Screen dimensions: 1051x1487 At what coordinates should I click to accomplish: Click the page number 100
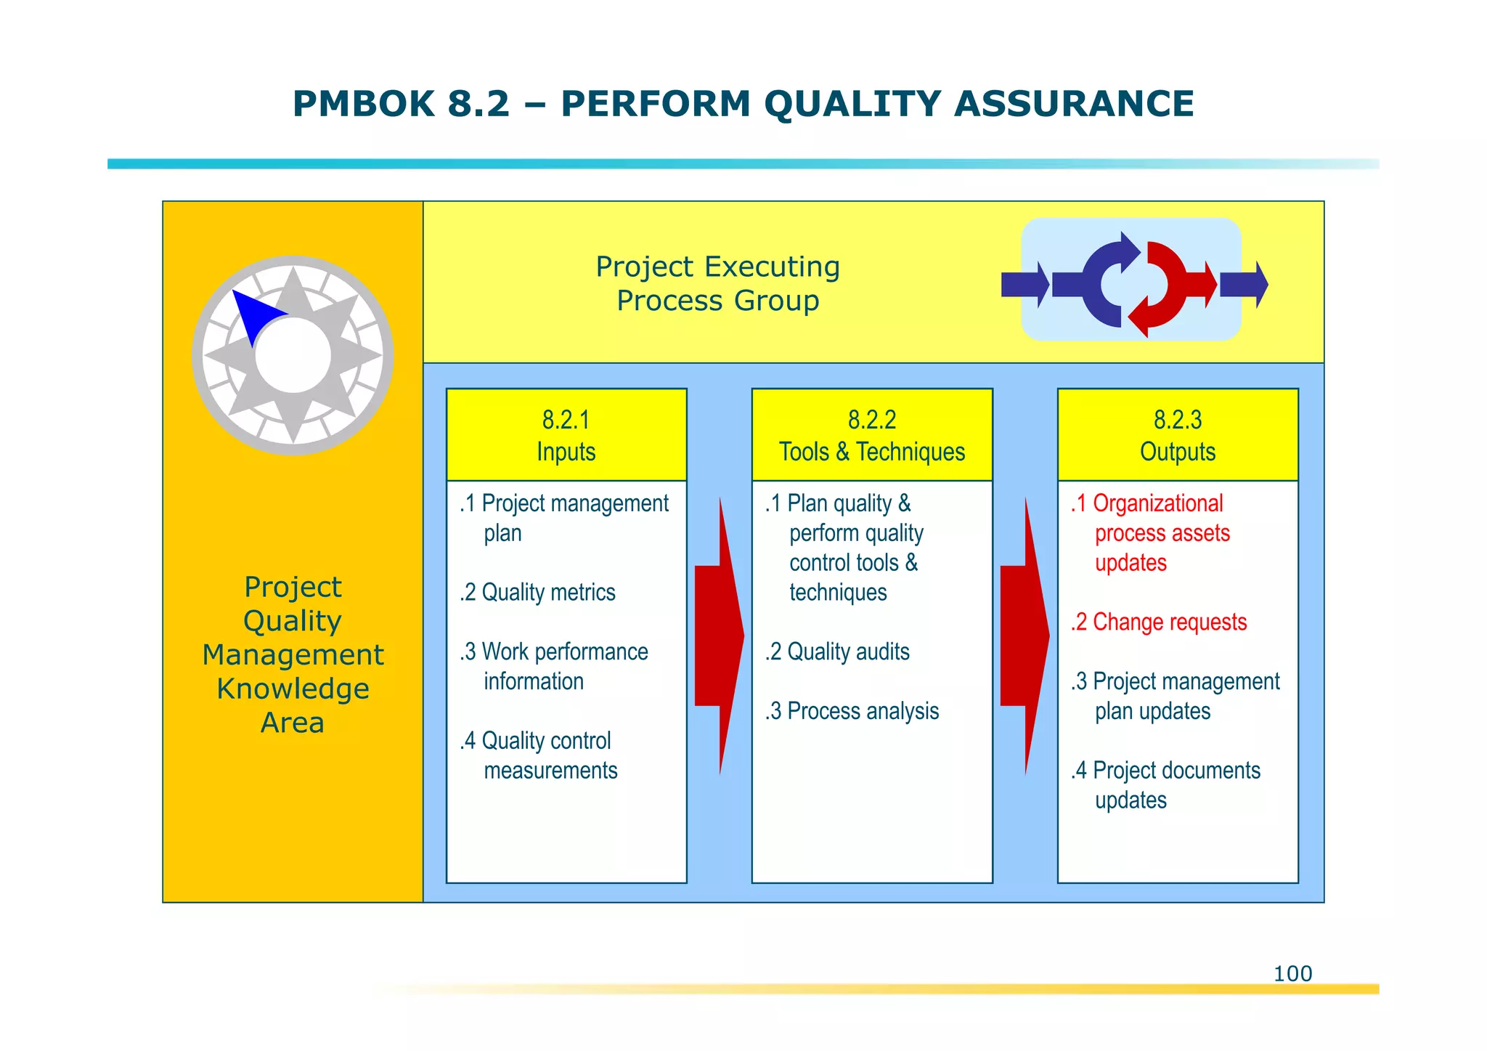click(1292, 973)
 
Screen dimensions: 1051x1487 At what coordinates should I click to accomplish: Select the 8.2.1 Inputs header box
click(566, 435)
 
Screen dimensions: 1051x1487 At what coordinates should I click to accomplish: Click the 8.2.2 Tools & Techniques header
click(872, 435)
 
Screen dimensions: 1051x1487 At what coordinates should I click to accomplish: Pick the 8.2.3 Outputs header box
click(1178, 435)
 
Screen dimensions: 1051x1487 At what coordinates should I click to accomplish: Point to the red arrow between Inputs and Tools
click(719, 636)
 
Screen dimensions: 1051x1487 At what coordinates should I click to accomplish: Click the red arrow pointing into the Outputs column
click(1024, 636)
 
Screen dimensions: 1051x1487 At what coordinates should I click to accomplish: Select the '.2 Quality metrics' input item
click(538, 593)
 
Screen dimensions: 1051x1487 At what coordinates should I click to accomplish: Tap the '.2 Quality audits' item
click(838, 652)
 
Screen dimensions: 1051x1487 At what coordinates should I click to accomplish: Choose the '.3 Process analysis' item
click(852, 711)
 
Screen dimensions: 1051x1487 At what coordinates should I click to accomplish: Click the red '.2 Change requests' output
click(1159, 622)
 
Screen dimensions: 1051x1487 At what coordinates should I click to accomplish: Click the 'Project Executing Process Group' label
click(717, 283)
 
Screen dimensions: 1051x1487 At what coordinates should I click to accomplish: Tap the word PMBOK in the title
click(363, 103)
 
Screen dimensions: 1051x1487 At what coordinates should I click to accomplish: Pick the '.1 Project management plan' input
click(564, 518)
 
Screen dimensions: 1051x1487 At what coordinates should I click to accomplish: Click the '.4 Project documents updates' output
click(1166, 785)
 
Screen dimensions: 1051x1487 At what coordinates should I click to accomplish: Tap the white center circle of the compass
click(293, 356)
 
